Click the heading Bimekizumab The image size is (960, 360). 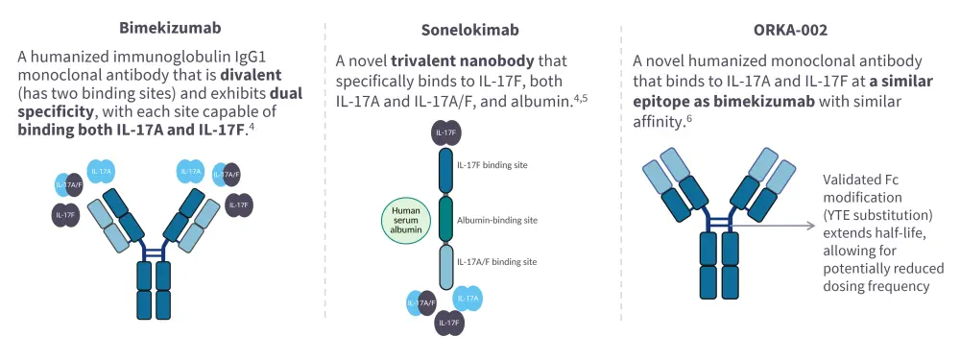[x=161, y=29]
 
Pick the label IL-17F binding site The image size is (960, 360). [x=492, y=165]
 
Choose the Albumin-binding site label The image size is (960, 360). [x=497, y=220]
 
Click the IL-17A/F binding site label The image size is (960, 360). [x=497, y=262]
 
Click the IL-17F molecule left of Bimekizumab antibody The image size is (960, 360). [x=66, y=214]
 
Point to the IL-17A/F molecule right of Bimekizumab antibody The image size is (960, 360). [x=228, y=175]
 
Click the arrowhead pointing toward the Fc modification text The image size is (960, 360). [x=811, y=226]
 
